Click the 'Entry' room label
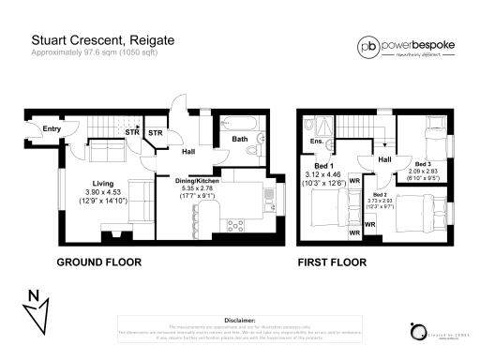click(x=52, y=128)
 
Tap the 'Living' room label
click(x=103, y=183)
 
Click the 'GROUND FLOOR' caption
click(x=99, y=262)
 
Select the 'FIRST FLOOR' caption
click(x=331, y=262)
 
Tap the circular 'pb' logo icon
click(x=367, y=45)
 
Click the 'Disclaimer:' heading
click(x=240, y=319)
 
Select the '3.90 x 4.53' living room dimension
click(x=103, y=192)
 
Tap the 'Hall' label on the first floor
click(x=384, y=160)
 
